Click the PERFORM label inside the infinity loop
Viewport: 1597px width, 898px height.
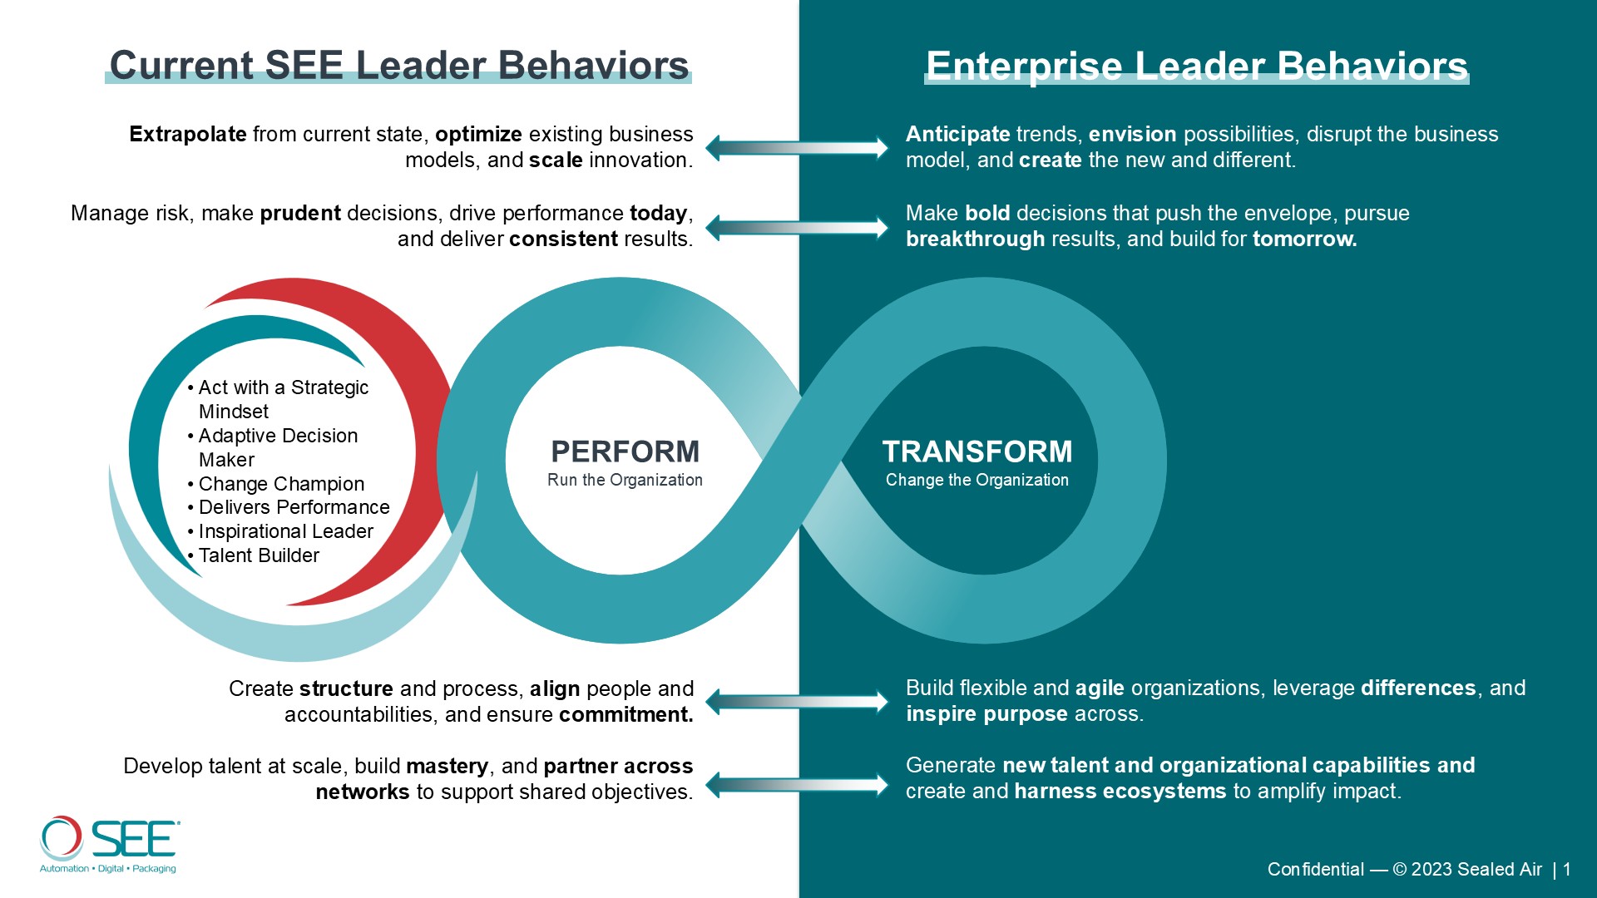click(625, 451)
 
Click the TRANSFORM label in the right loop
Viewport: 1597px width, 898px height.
click(977, 451)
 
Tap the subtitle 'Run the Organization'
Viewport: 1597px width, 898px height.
click(625, 480)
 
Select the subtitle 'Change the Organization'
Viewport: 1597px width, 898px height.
click(977, 480)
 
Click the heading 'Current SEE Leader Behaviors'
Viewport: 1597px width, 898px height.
click(399, 65)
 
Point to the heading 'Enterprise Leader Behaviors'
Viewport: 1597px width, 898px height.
click(1197, 66)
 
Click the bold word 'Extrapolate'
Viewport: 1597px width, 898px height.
click(188, 135)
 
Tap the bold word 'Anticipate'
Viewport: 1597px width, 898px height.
click(958, 135)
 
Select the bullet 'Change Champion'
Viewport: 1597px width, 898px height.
click(281, 484)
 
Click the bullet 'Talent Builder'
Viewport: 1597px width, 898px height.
click(259, 555)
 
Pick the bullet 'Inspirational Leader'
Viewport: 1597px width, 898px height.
click(286, 531)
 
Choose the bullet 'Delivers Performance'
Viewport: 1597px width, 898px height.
click(294, 507)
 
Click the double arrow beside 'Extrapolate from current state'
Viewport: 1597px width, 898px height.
click(797, 148)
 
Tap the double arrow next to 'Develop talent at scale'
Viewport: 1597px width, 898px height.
click(797, 784)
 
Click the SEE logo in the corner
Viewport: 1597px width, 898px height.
click(109, 845)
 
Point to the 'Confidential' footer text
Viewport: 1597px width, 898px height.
click(1315, 870)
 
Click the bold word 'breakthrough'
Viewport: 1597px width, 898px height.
click(975, 239)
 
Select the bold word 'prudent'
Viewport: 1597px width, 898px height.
click(300, 214)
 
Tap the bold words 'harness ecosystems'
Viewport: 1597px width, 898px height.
click(1120, 792)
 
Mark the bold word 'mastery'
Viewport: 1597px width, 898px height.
click(447, 767)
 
